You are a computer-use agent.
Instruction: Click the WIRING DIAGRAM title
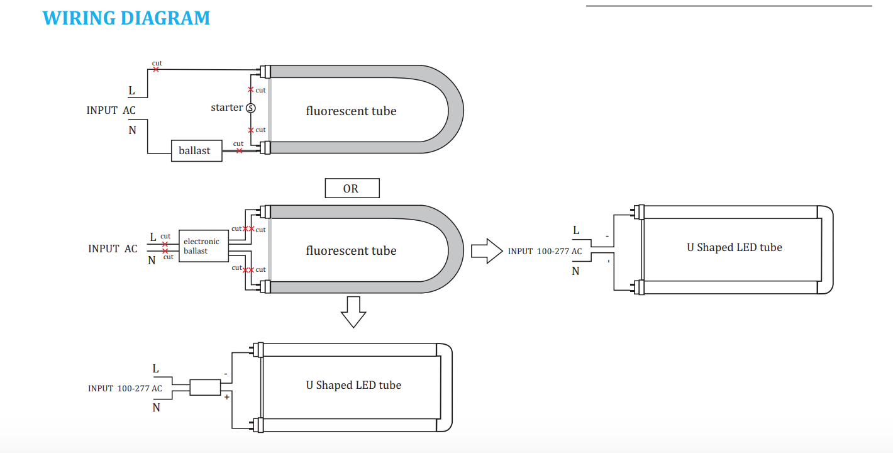126,18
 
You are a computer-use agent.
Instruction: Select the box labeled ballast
197,151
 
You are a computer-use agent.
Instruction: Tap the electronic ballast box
204,246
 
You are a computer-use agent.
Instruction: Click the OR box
352,188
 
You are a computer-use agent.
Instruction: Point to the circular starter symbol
251,108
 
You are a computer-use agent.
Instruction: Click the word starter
226,107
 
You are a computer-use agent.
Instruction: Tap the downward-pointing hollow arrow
353,312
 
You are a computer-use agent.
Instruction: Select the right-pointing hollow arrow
487,251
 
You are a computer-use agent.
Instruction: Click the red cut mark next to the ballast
239,151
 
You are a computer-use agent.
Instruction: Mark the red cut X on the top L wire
156,69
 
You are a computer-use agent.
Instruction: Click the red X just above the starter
251,90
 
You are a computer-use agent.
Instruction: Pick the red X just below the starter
251,130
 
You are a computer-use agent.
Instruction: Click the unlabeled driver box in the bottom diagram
205,387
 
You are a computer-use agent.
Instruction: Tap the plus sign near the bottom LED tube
227,397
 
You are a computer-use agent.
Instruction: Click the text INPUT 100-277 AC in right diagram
545,251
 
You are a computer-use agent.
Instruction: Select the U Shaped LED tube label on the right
735,247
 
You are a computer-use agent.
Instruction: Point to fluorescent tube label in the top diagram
351,111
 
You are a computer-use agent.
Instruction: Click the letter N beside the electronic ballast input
152,260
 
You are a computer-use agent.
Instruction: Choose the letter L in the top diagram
131,91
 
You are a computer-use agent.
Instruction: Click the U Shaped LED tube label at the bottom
353,385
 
